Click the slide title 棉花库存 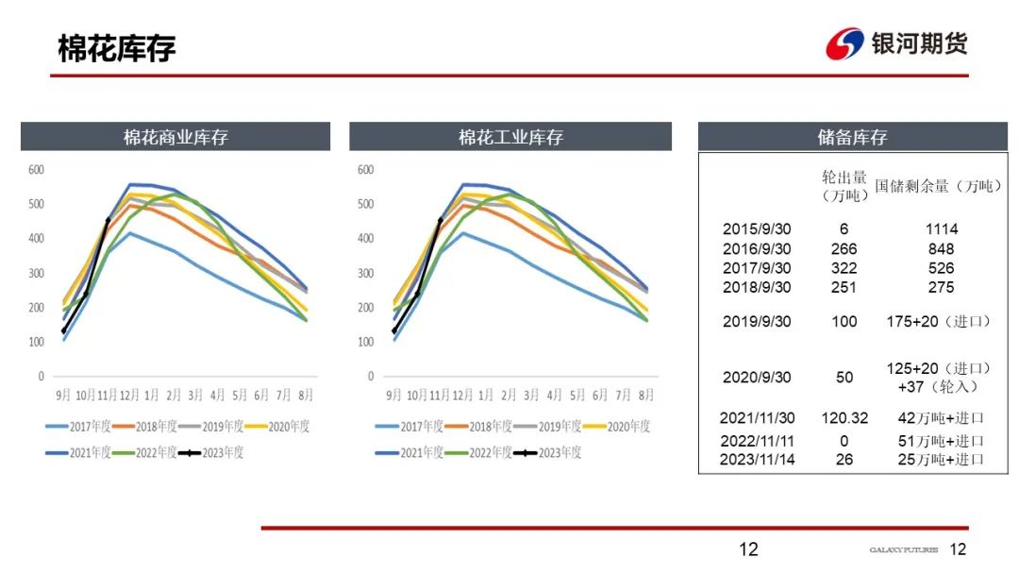(x=117, y=48)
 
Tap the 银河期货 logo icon (x=844, y=43)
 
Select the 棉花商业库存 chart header (x=175, y=137)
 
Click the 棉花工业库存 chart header (x=510, y=137)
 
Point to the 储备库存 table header (x=852, y=137)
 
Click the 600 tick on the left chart (x=36, y=170)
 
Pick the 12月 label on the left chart (x=131, y=394)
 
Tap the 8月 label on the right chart (x=647, y=394)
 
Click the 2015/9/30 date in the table (x=755, y=229)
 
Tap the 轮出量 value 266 (x=844, y=249)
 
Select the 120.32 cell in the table (x=844, y=417)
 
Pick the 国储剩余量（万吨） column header (x=938, y=186)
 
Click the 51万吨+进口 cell (x=941, y=441)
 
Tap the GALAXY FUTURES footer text (x=903, y=549)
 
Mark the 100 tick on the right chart (x=366, y=342)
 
